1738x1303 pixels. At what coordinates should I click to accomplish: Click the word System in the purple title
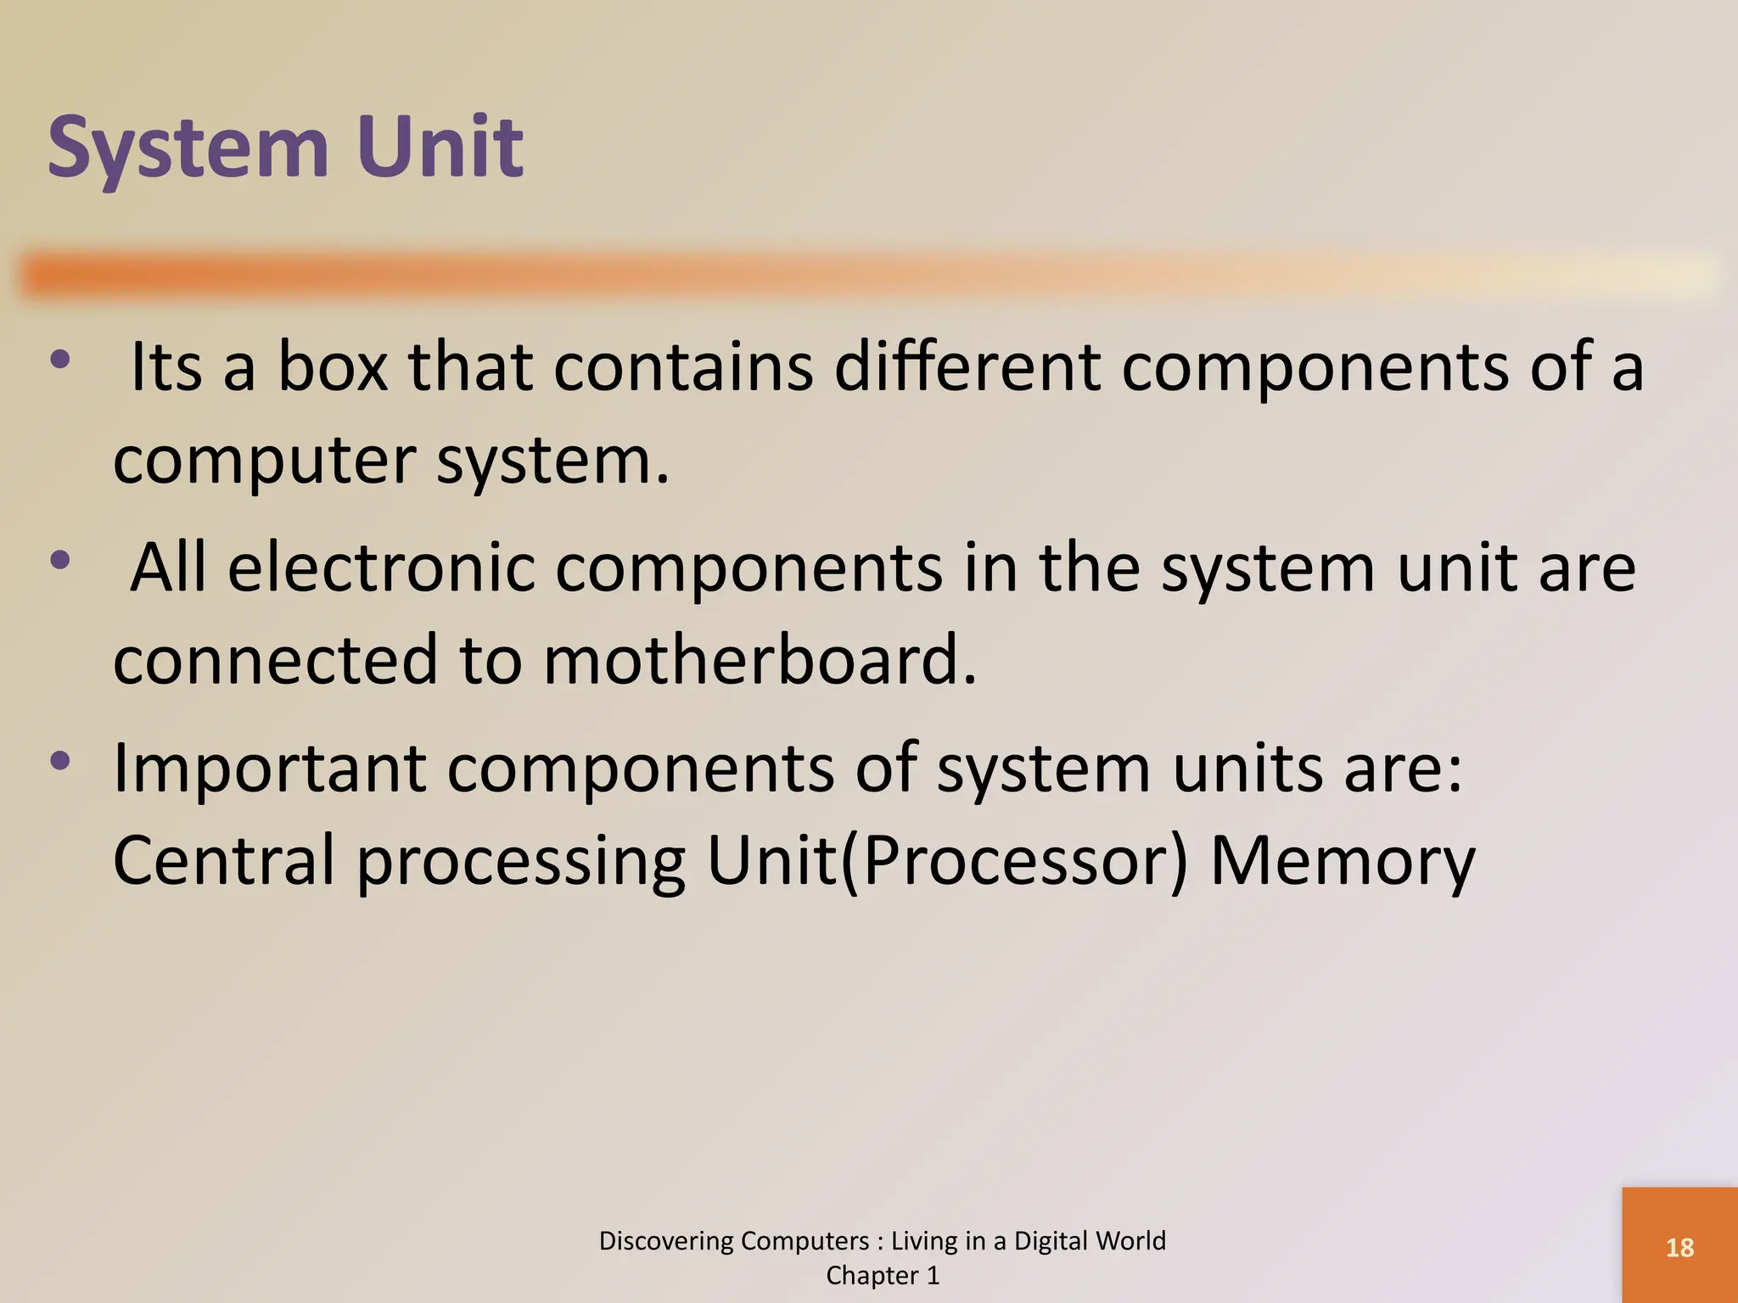[188, 148]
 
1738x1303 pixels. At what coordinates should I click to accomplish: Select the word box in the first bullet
[333, 367]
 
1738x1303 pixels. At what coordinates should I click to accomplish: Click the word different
[967, 367]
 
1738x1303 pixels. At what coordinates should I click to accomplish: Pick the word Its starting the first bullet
[166, 367]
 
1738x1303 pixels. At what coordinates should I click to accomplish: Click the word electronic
[382, 568]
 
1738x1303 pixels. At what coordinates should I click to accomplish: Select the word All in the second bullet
[169, 568]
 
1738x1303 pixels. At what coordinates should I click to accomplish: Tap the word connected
[275, 660]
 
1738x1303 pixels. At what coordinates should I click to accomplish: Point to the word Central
[224, 861]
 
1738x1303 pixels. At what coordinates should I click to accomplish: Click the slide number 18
[1679, 1248]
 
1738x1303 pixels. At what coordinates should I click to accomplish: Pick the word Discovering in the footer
[668, 1241]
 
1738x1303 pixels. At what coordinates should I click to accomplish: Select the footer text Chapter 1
[883, 1276]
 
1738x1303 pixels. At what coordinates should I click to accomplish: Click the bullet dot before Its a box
[59, 360]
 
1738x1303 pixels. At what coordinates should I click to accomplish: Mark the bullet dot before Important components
[59, 761]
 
